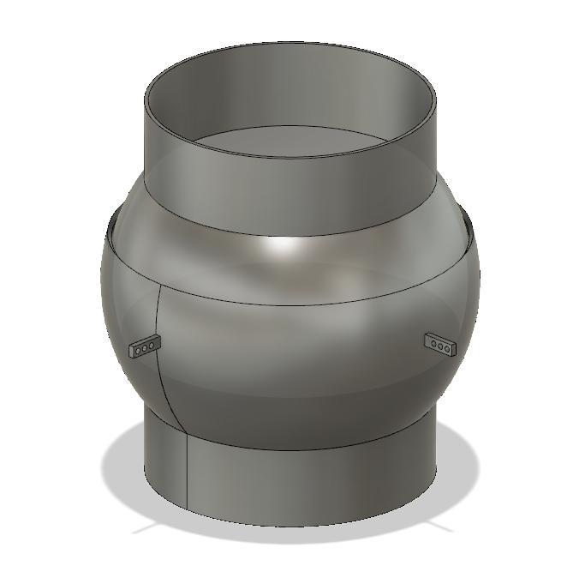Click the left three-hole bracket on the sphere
point(144,347)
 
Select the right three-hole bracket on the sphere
point(441,345)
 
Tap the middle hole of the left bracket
point(144,347)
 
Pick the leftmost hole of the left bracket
point(137,349)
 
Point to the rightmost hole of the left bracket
point(151,346)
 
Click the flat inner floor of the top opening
point(291,141)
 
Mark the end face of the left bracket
point(131,351)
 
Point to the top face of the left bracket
point(145,340)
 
